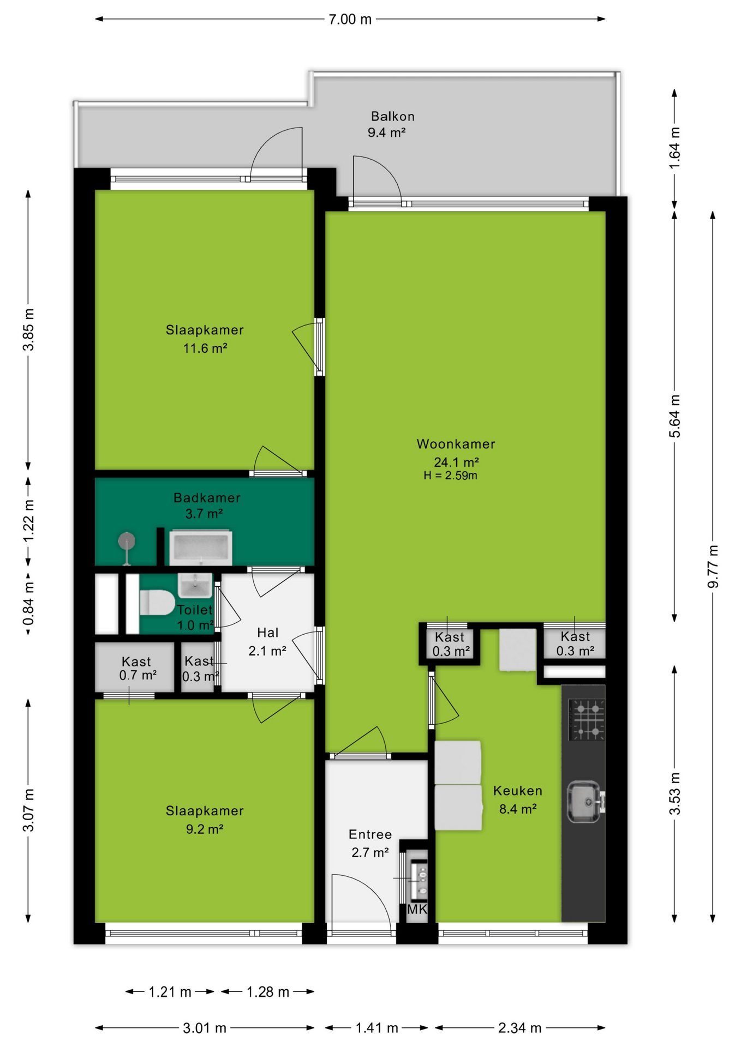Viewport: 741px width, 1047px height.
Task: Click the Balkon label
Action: click(392, 116)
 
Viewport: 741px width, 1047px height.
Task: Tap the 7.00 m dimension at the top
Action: click(350, 19)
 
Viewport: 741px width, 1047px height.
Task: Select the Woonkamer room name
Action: click(456, 444)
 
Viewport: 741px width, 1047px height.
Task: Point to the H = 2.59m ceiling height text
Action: click(450, 476)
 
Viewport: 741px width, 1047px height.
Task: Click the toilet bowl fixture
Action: click(157, 602)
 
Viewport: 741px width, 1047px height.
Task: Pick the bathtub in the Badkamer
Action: click(201, 547)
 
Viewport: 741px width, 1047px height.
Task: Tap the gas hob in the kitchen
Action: click(587, 719)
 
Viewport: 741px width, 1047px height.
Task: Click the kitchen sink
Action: click(585, 801)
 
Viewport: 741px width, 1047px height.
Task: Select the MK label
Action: click(417, 909)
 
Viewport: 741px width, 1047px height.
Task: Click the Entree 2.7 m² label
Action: click(370, 843)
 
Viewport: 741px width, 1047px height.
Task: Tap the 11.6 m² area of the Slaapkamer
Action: click(205, 348)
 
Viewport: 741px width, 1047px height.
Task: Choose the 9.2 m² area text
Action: click(205, 829)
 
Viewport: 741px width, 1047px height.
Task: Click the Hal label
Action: click(267, 633)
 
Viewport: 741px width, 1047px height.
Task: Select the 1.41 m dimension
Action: click(377, 1028)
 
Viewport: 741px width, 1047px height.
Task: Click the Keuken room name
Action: click(517, 791)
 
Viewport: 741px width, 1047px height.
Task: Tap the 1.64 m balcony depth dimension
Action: click(674, 148)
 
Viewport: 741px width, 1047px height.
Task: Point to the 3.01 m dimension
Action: click(205, 1028)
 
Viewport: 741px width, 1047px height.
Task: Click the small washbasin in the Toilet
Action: click(195, 586)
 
